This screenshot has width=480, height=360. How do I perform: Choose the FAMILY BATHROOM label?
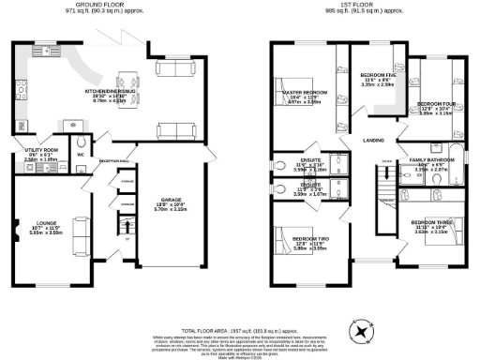435,160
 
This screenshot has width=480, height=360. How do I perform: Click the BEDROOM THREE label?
432,222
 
